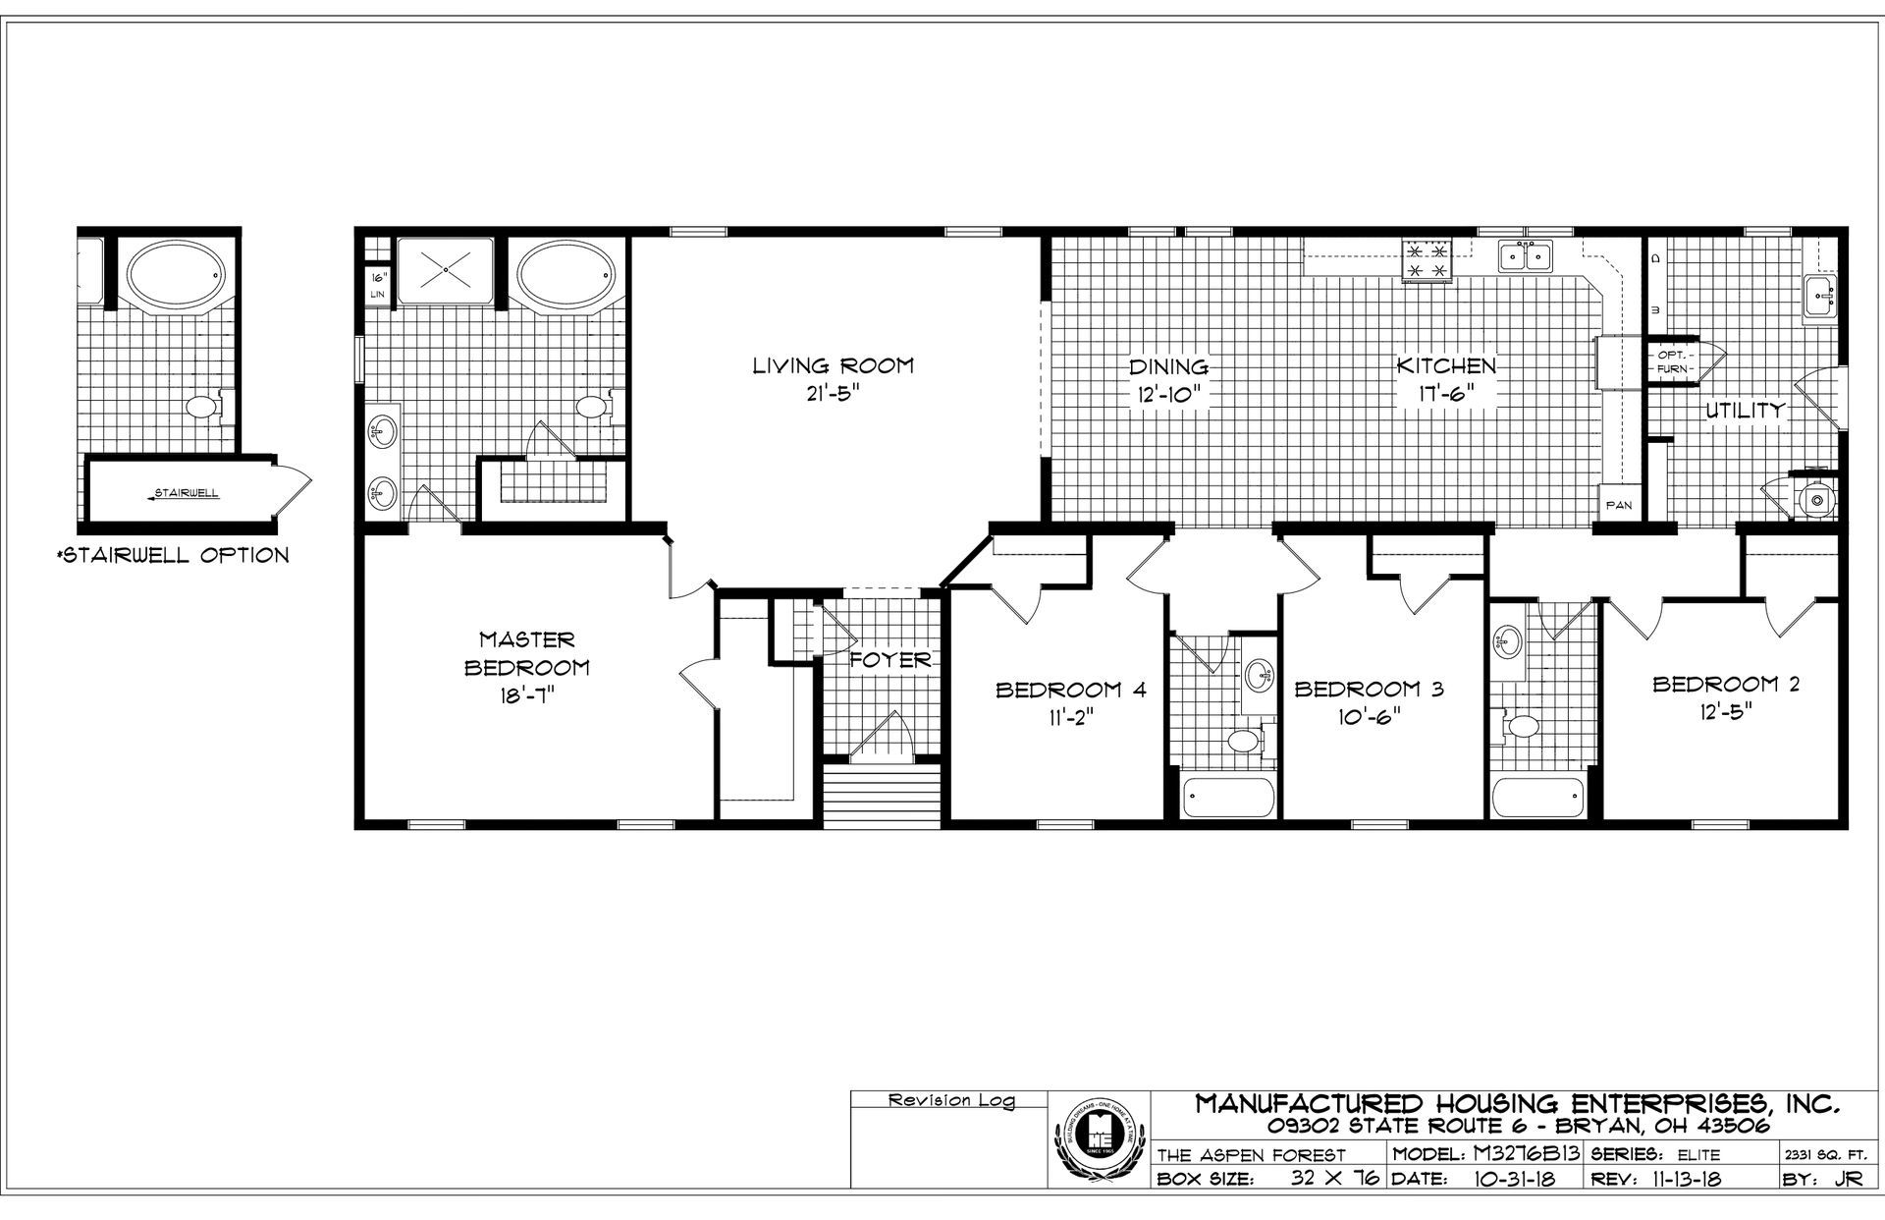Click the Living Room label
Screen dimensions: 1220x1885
point(833,366)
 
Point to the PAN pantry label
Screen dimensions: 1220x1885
point(1618,505)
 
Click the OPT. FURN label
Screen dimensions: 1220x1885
point(1672,361)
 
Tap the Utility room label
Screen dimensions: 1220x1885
point(1744,411)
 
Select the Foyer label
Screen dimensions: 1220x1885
point(890,659)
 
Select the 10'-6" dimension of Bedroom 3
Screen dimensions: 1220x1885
point(1369,715)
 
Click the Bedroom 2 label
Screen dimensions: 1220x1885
point(1726,685)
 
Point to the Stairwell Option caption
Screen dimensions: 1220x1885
point(175,555)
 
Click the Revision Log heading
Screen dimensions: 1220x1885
point(951,1101)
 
